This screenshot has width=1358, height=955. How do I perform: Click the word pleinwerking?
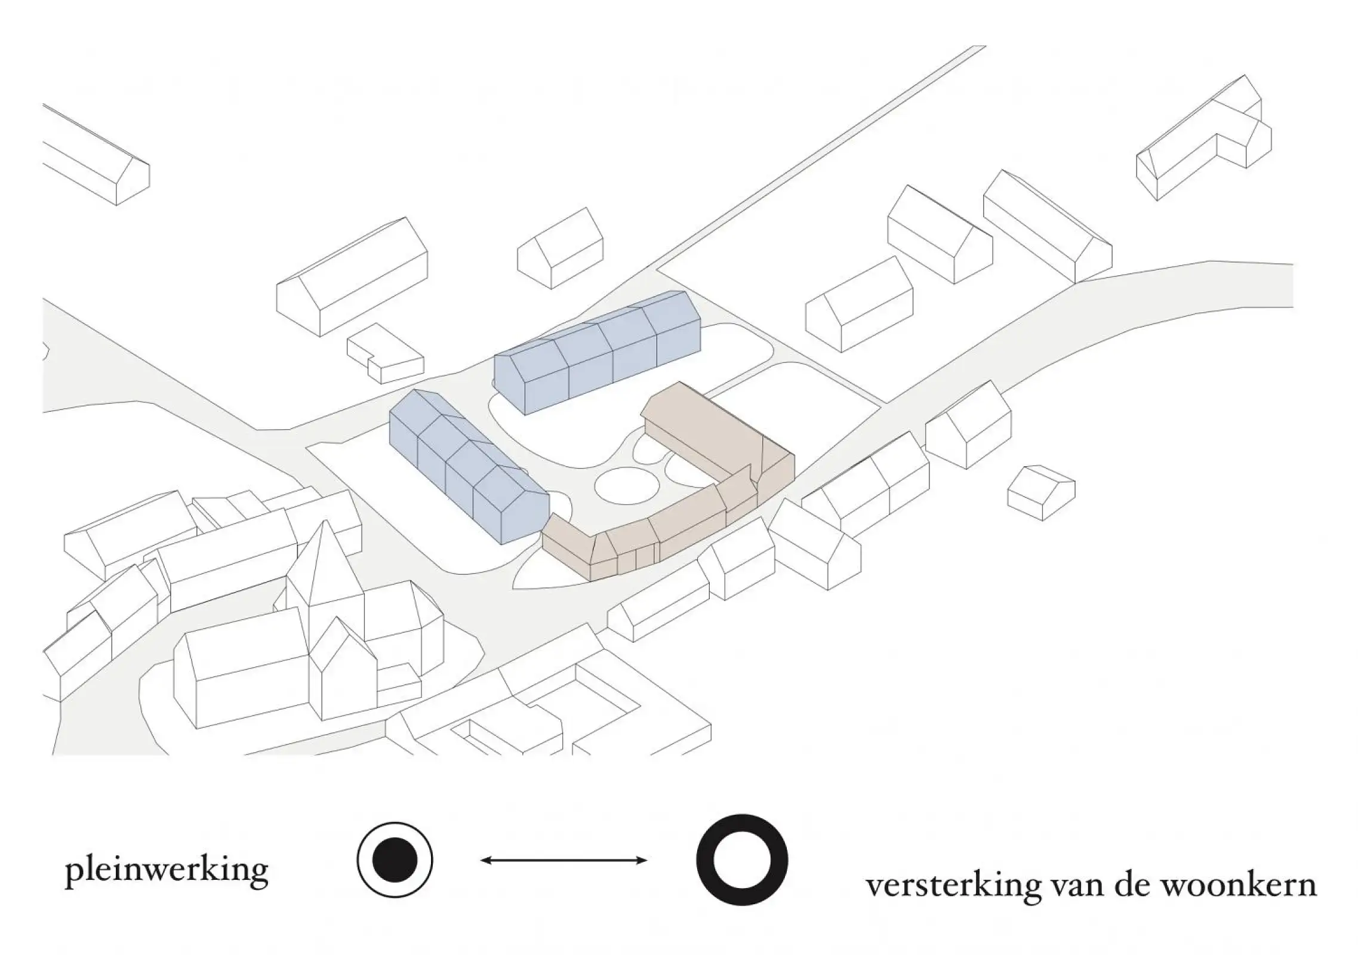167,872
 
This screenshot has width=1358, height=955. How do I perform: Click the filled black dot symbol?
395,860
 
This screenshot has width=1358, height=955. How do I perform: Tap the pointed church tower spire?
324,555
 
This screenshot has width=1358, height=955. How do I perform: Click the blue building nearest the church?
466,466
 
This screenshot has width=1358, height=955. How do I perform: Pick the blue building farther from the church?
597,352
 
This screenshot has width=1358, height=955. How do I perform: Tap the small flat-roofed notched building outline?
385,354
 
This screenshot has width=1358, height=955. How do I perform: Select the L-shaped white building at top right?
1206,143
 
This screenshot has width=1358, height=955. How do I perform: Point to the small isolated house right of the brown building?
1041,492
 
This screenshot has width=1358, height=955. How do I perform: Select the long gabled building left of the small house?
352,278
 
